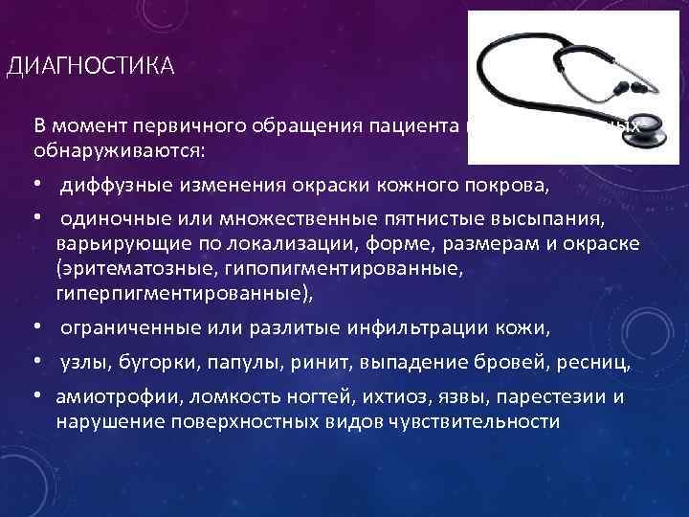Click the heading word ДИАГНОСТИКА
(89, 66)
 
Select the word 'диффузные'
(106, 183)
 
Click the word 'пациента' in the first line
(416, 130)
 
